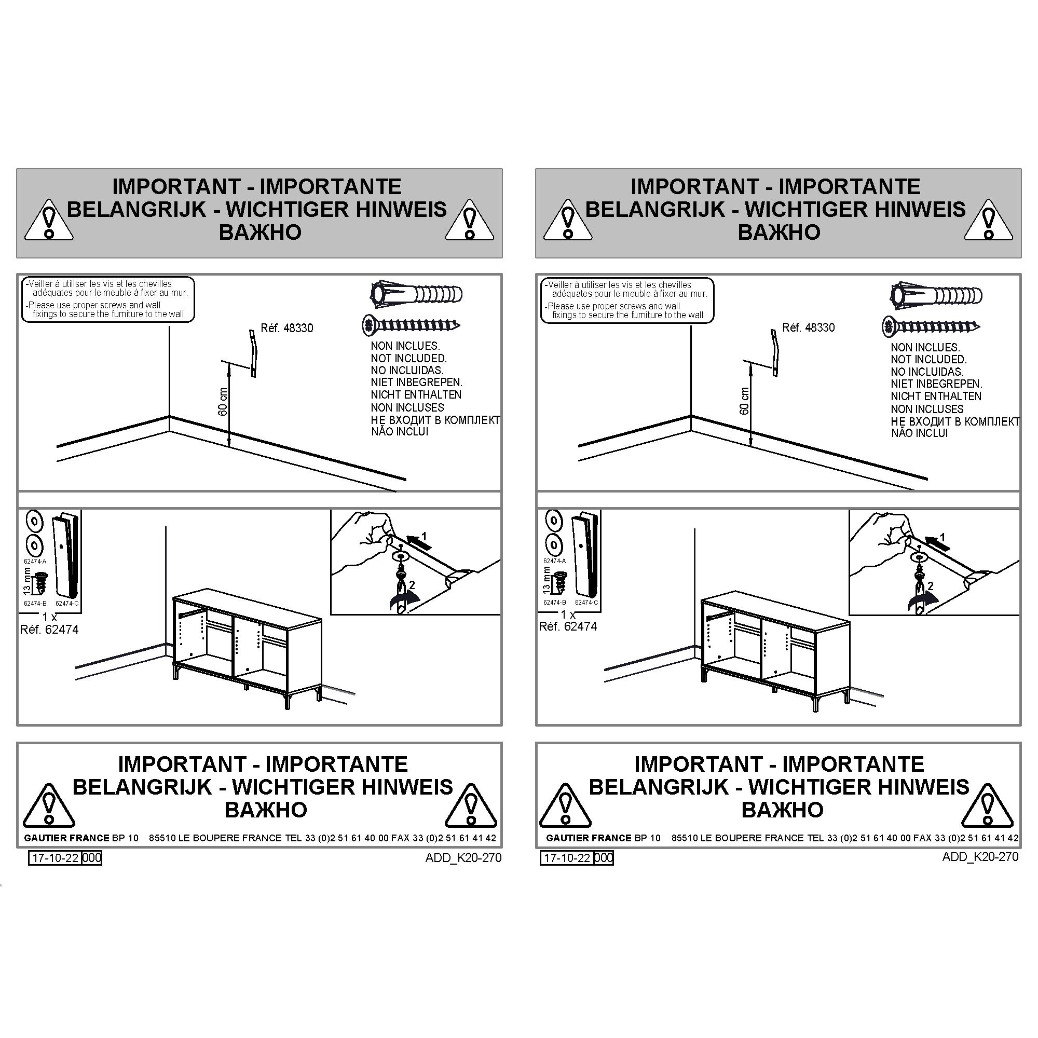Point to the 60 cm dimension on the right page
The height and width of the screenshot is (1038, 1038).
coord(744,401)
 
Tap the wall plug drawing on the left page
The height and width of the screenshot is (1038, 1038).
coord(416,294)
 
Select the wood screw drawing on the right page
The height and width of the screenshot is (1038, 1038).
coord(931,326)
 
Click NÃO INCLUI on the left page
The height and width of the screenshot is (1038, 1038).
coord(400,431)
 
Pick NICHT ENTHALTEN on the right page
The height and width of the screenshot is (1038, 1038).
coord(936,397)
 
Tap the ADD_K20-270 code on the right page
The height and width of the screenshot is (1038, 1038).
coord(980,857)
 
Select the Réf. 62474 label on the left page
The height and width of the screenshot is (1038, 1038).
coord(49,630)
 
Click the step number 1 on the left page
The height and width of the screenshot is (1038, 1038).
coord(424,536)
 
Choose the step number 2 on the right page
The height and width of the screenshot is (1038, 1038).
coord(931,586)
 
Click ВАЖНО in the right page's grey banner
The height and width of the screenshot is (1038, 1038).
coord(779,232)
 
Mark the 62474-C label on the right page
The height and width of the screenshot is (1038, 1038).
coord(586,603)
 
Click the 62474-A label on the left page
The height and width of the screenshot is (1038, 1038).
coord(35,562)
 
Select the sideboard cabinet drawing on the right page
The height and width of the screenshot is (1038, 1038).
coord(776,652)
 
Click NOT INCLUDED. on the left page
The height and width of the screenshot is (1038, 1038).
coord(409,358)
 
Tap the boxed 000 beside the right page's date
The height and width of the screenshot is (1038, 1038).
coord(604,858)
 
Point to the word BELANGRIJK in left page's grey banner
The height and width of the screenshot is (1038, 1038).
coord(136,209)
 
